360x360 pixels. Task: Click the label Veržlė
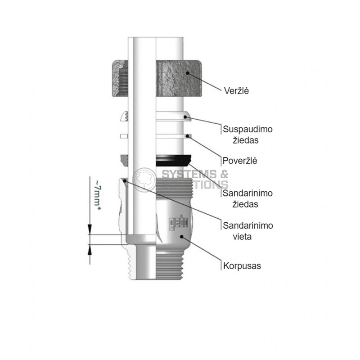(236, 91)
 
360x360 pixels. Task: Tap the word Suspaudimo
(248, 129)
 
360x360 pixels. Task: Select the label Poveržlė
(240, 161)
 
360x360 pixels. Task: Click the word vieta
(242, 237)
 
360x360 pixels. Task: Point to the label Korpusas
(242, 266)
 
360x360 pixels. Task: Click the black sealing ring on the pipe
(173, 160)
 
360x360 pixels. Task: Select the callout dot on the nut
(188, 73)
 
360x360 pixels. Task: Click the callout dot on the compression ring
(185, 117)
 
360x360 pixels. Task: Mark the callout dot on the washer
(187, 136)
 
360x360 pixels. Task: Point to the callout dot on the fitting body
(182, 236)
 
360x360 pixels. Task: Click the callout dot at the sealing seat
(125, 181)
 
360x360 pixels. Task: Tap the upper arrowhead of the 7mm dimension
(90, 229)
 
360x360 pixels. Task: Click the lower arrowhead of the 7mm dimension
(90, 250)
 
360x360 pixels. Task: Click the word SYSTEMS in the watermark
(189, 174)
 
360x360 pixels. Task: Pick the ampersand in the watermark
(224, 174)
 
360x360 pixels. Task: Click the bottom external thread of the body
(170, 265)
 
